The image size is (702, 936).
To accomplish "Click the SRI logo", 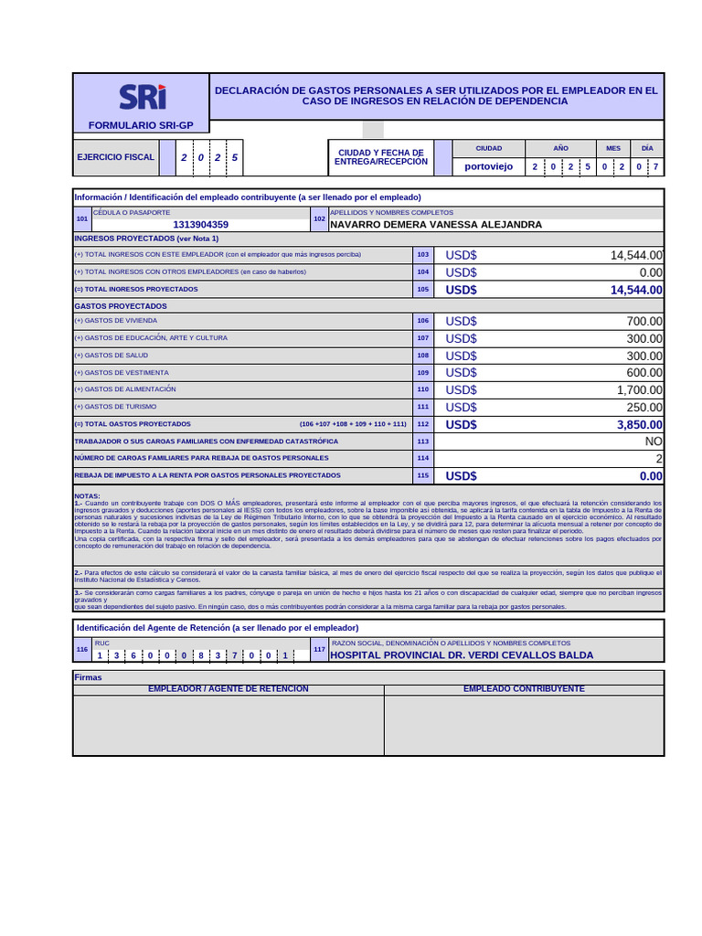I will coord(142,97).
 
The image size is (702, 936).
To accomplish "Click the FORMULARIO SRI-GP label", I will coord(141,125).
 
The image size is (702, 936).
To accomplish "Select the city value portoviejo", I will coord(489,166).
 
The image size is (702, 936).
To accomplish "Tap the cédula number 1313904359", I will coord(200,224).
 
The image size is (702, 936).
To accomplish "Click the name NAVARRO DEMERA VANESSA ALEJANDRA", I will coord(435,224).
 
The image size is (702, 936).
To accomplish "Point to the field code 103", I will coord(422,255).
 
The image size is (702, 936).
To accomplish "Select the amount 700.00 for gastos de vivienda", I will coord(644,321).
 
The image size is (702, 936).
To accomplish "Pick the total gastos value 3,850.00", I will coord(639,425).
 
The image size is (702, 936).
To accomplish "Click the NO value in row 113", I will coord(654,441).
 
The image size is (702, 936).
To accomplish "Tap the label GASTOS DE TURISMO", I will coord(115,407).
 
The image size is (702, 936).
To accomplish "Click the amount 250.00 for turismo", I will coord(644,408).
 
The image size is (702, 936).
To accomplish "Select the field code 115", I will coord(422,476).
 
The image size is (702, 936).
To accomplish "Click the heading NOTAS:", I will coord(88,495).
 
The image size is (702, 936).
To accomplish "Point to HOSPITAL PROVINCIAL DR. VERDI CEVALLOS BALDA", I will coord(461,655).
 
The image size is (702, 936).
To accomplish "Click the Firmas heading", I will coord(88,677).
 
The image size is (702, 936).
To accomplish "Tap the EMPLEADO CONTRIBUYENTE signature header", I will coord(524,688).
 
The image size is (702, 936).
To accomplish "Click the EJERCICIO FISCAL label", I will coord(115,157).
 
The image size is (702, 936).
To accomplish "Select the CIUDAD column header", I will coord(489,148).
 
